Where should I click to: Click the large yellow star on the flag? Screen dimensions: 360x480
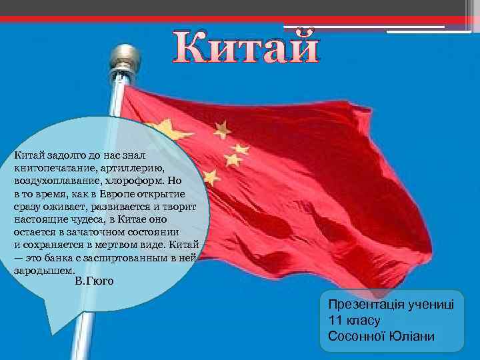point(161,133)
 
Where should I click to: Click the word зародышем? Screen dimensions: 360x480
point(40,271)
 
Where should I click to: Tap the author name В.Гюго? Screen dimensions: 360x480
point(94,281)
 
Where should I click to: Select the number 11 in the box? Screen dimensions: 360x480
point(334,320)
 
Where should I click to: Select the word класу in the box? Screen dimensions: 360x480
point(364,320)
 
